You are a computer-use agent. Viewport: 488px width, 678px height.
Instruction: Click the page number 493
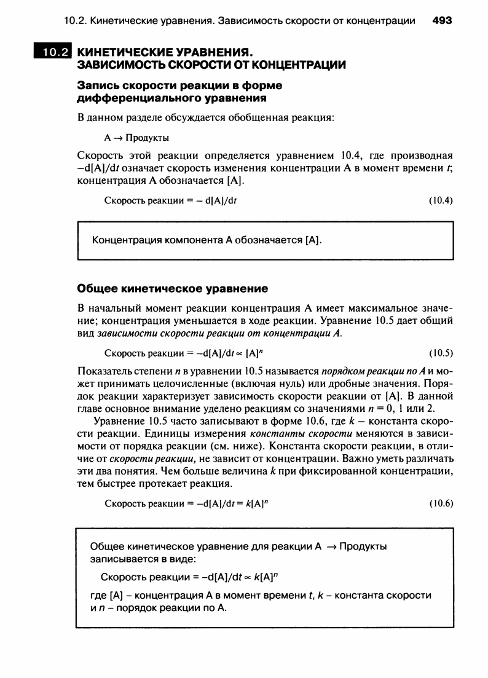point(442,20)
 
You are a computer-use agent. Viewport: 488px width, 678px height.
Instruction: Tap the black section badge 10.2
point(52,52)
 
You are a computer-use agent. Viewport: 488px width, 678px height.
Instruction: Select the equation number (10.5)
point(440,353)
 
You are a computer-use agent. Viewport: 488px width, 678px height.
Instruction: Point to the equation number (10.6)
point(440,503)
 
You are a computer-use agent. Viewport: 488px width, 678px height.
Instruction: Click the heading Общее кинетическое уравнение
point(172,288)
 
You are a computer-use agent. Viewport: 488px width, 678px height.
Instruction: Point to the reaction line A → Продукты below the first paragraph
point(136,137)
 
